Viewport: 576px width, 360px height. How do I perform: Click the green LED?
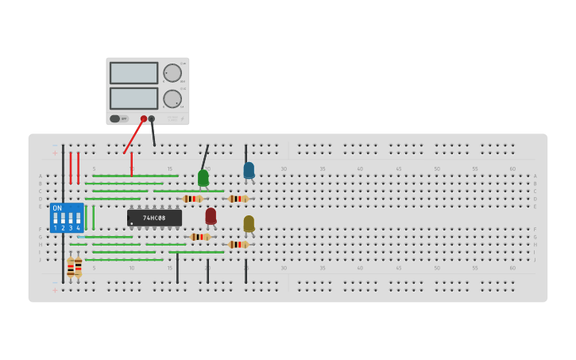(203, 177)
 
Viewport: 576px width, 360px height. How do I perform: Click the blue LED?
(249, 170)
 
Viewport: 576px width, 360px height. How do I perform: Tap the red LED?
(211, 215)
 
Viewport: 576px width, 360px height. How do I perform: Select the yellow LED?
(249, 223)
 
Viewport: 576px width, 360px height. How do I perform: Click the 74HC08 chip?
(154, 218)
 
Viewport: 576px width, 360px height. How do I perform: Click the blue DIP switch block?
(67, 218)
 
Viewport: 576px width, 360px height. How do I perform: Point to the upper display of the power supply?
(133, 73)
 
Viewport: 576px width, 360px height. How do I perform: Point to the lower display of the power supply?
(133, 99)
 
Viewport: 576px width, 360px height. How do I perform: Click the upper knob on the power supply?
(172, 73)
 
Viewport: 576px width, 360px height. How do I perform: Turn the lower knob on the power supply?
(172, 99)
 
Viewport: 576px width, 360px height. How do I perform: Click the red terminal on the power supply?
(144, 119)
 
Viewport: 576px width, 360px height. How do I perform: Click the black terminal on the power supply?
(152, 119)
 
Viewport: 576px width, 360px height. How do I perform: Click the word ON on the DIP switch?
(57, 208)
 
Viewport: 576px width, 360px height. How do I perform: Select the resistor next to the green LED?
(192, 199)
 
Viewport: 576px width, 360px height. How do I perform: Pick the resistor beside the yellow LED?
(238, 244)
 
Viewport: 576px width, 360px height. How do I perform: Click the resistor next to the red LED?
(199, 237)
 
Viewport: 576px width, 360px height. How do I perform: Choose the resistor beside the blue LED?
(238, 199)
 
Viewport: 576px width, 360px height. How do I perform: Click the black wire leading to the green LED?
(205, 157)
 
